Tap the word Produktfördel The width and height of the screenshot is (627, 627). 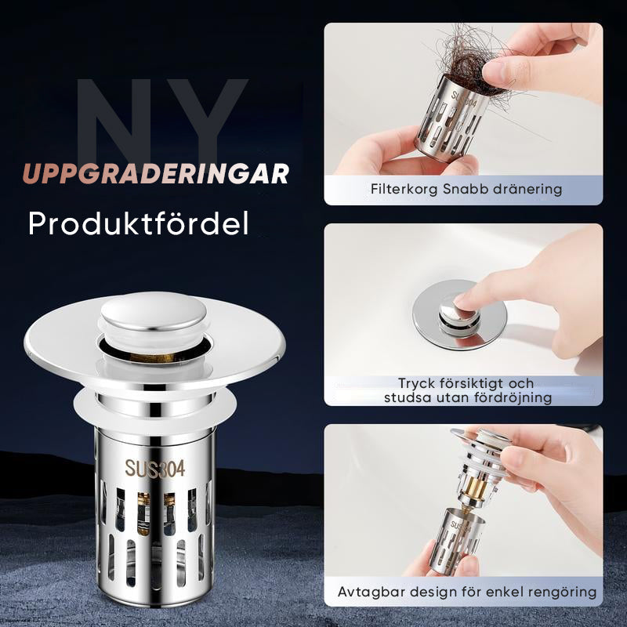139,223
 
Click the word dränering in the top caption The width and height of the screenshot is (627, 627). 529,189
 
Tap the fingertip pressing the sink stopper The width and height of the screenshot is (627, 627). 468,299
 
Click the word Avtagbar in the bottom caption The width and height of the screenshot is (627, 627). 368,592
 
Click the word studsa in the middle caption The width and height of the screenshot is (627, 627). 405,397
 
